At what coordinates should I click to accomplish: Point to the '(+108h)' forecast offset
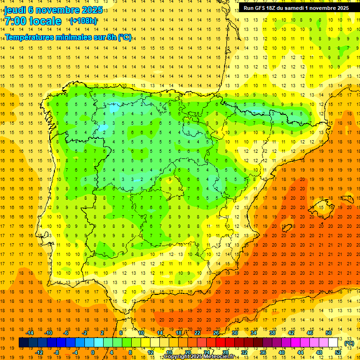[x=83, y=21]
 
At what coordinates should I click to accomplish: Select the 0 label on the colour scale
[x=93, y=352]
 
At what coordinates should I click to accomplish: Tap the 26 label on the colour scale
[x=216, y=333]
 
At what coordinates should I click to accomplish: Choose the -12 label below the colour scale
[x=39, y=352]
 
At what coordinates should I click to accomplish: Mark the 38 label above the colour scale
[x=272, y=333]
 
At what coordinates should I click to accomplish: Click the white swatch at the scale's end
[x=333, y=343]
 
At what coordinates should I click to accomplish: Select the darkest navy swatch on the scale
[x=23, y=343]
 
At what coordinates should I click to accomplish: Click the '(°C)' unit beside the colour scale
[x=349, y=343]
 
